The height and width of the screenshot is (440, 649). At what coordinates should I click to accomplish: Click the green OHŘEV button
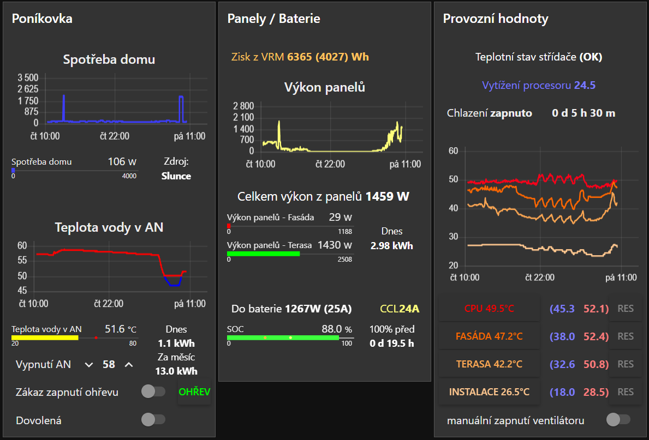(x=195, y=392)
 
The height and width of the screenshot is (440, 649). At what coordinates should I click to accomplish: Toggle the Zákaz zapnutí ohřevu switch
(x=153, y=391)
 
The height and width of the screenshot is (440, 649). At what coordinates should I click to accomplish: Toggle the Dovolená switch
(x=153, y=420)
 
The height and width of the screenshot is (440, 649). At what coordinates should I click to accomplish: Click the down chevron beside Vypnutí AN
(x=89, y=365)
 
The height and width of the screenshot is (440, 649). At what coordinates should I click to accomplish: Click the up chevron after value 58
(x=129, y=365)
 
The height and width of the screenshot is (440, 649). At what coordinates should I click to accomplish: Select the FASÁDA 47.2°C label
(x=489, y=336)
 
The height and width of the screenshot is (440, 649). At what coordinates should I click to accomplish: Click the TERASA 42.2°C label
(x=489, y=364)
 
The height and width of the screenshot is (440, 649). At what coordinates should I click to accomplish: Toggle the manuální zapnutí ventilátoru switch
(x=618, y=420)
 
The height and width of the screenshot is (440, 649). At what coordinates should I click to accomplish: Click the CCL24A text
(x=400, y=309)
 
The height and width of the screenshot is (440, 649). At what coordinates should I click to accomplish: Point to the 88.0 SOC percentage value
(x=332, y=329)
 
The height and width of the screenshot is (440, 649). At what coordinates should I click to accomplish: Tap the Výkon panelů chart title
(x=324, y=87)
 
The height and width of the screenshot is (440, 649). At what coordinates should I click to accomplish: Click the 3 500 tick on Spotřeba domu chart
(x=28, y=77)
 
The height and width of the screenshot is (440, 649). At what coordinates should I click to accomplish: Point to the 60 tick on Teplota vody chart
(x=22, y=245)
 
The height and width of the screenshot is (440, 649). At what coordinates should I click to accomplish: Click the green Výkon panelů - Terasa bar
(x=263, y=254)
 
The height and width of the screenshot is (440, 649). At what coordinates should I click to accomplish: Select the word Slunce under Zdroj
(x=176, y=176)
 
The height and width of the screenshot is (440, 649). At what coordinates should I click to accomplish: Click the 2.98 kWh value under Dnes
(x=391, y=245)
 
